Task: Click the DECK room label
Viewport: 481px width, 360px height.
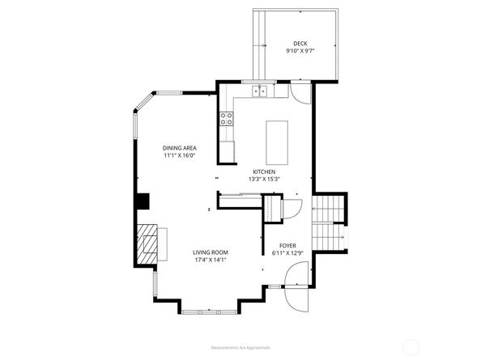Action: (300, 44)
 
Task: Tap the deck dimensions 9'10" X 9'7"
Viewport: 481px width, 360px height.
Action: (300, 51)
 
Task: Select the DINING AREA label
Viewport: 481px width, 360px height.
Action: (180, 148)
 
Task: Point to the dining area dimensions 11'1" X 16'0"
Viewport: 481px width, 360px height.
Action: (180, 155)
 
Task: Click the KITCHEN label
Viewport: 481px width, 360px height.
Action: (264, 172)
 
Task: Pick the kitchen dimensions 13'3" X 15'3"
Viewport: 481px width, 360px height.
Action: (264, 180)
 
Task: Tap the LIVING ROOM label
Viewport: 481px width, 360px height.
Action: (211, 252)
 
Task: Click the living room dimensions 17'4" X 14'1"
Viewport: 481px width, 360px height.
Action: (211, 260)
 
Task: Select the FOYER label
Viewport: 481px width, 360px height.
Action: (287, 246)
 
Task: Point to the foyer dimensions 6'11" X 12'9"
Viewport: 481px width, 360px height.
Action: (287, 253)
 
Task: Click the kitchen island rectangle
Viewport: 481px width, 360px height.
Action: (277, 142)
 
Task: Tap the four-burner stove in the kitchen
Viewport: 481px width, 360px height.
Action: (227, 119)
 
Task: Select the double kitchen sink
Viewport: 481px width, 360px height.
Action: (259, 91)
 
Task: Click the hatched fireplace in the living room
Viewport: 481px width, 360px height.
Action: (147, 244)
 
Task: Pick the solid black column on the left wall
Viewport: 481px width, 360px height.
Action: (143, 201)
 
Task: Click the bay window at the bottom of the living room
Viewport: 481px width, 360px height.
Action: (209, 312)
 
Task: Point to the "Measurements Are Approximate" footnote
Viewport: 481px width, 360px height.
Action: (240, 347)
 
